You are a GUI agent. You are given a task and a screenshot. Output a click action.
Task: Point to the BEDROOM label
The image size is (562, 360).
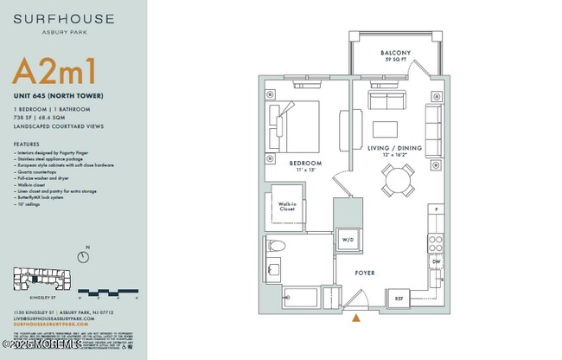pos(305,164)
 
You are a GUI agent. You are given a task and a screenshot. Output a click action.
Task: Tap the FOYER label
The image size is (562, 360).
pos(365,273)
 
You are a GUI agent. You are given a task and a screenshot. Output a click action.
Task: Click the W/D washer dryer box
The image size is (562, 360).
pos(348,240)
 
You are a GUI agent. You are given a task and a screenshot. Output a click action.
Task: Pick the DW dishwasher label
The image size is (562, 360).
pos(436,260)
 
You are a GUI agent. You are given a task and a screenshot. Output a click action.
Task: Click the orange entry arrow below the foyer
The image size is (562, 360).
pos(356,319)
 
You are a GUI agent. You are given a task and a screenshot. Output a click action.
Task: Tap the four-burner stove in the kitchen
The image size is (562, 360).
pos(436,241)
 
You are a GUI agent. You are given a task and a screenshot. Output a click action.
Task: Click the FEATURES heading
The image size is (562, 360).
pos(26,144)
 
